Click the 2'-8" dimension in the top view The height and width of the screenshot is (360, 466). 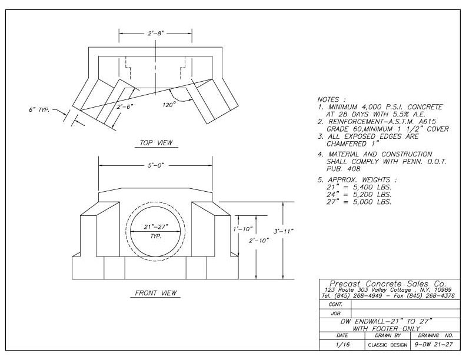click(x=156, y=34)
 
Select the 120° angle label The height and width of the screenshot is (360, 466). click(x=169, y=104)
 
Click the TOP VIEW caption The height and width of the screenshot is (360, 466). click(x=156, y=142)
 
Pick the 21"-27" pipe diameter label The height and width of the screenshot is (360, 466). click(x=156, y=227)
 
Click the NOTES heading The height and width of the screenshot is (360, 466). click(x=331, y=100)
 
